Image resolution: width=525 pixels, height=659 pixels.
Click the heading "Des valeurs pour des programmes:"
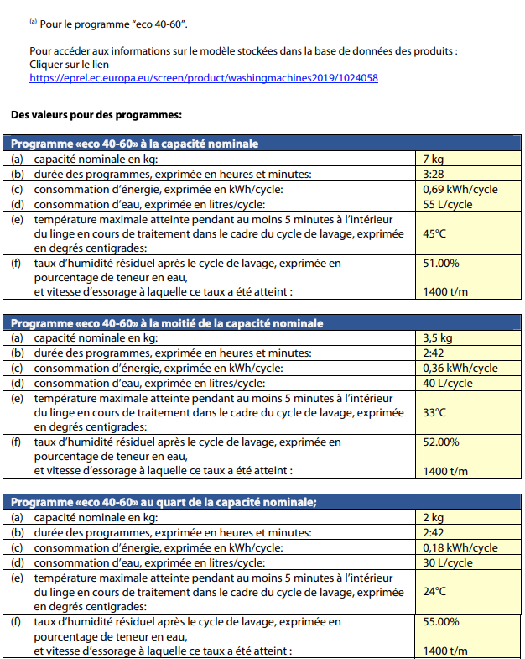tap(97, 113)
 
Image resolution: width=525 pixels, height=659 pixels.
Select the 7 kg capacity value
tap(434, 159)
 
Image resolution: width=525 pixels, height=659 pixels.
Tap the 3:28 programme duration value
tap(433, 174)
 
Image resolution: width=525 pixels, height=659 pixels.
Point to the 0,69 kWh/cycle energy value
tap(460, 189)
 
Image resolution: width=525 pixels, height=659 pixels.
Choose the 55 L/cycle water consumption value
tap(448, 204)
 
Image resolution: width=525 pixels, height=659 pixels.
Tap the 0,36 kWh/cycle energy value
tap(460, 369)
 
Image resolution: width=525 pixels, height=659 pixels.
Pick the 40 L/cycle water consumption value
tap(448, 384)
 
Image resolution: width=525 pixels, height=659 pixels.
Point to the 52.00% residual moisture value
tap(441, 442)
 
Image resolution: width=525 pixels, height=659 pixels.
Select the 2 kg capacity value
tap(434, 518)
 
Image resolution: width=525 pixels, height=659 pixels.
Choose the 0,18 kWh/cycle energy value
tap(460, 548)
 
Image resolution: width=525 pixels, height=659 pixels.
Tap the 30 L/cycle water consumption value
tap(448, 563)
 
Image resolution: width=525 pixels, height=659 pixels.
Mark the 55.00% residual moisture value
tap(441, 622)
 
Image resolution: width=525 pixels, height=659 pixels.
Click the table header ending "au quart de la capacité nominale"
tap(164, 503)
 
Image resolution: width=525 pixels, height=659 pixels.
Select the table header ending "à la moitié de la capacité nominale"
tap(167, 323)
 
